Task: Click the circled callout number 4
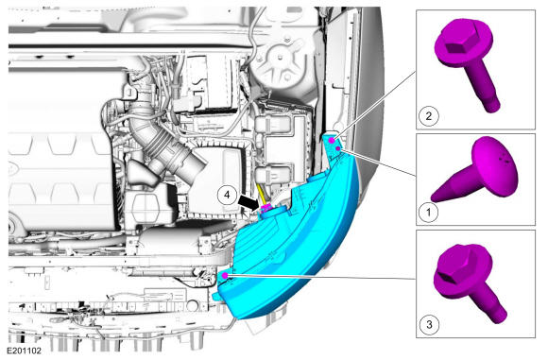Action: pos(227,195)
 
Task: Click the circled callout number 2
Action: pos(429,115)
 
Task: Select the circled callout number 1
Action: pos(428,212)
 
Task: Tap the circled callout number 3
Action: pos(429,324)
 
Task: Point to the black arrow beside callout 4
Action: pos(248,202)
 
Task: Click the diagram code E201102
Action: pos(25,351)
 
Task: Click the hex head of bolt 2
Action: pos(458,43)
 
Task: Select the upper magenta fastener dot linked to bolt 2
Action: pos(331,141)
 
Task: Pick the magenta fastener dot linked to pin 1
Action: pos(338,149)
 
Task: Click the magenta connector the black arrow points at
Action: pos(265,209)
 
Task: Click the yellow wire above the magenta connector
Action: pos(261,195)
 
